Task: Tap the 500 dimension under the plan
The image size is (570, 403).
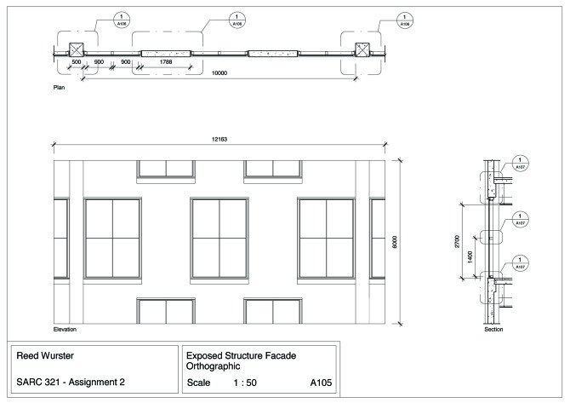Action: pyautogui.click(x=76, y=62)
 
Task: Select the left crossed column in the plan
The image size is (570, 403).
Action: pyautogui.click(x=72, y=49)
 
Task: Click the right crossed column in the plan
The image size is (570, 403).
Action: pyautogui.click(x=359, y=49)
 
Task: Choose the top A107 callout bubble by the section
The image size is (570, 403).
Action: pyautogui.click(x=522, y=165)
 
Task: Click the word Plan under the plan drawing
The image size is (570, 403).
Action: pyautogui.click(x=59, y=88)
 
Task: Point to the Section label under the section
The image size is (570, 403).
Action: pyautogui.click(x=493, y=329)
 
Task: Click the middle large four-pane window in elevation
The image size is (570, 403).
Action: pyautogui.click(x=219, y=237)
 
